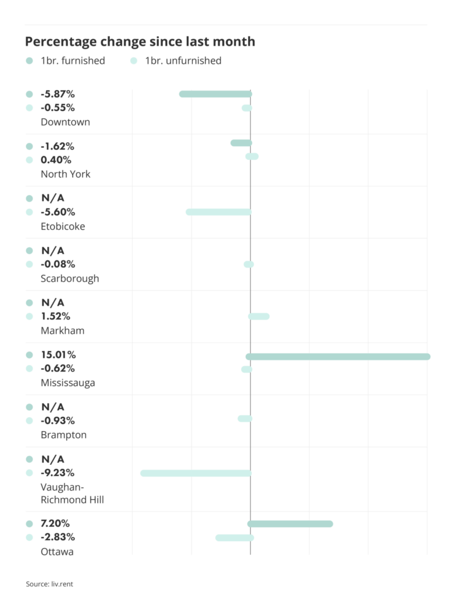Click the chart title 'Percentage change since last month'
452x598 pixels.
click(x=140, y=41)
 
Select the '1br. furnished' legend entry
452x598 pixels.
click(x=72, y=61)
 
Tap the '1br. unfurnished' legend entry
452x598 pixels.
click(x=183, y=61)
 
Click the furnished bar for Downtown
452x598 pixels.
click(x=215, y=94)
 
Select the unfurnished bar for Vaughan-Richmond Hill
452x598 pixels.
click(x=196, y=473)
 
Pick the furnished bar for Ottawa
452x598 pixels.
click(x=290, y=524)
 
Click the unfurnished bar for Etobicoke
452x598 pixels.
click(x=218, y=212)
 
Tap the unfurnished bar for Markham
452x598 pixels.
click(x=259, y=317)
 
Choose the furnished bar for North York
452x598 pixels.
click(x=241, y=143)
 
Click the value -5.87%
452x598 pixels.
click(x=58, y=94)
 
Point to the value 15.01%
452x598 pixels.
click(x=58, y=354)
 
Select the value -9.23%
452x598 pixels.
click(x=58, y=472)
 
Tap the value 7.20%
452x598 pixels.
click(x=55, y=523)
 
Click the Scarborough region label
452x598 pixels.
click(x=69, y=279)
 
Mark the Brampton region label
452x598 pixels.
click(x=64, y=435)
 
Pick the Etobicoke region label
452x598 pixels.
click(x=62, y=227)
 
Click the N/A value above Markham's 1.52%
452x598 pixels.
click(x=53, y=303)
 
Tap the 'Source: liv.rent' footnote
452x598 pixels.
click(x=50, y=584)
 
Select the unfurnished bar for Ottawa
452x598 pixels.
click(x=234, y=538)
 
